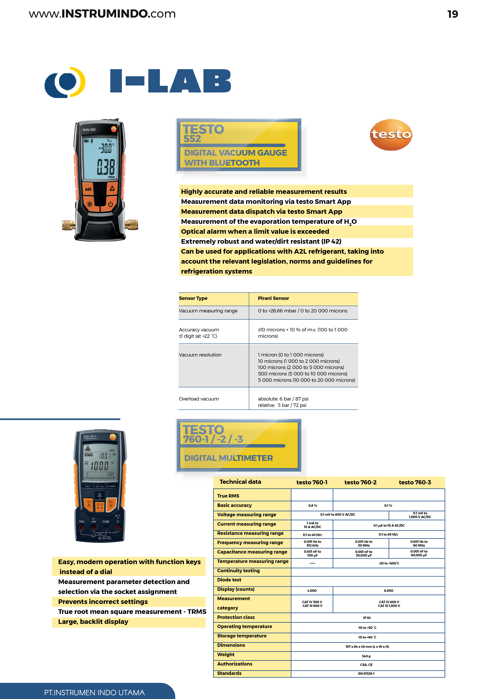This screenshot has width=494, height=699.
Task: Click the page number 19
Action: point(452,14)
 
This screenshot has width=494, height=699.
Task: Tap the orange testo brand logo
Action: point(391,134)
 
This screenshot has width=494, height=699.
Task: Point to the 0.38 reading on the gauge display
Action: point(106,167)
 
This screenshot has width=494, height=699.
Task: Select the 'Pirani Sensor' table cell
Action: point(273,298)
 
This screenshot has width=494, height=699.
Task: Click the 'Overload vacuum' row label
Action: point(199,399)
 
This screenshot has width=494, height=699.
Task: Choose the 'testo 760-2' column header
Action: point(360,482)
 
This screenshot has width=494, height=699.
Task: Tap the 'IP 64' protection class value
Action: point(367,618)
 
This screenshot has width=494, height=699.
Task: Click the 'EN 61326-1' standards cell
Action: point(366,673)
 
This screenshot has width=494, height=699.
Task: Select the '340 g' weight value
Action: point(366,656)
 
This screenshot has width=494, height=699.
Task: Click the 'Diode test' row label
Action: point(229,580)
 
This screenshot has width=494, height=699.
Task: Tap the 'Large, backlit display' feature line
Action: point(93,622)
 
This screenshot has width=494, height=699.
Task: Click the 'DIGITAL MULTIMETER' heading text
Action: point(228,458)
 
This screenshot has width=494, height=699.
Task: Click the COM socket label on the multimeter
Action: point(106,521)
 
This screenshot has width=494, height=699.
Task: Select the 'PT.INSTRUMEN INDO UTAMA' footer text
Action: point(94,693)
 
